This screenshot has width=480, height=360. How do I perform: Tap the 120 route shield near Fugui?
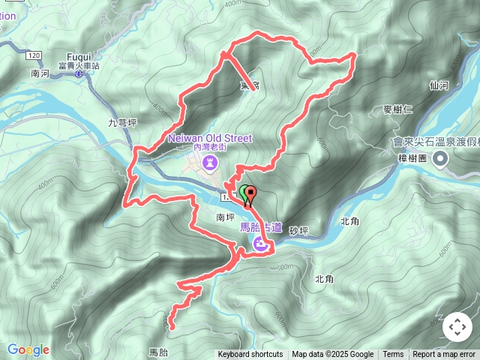[32, 56]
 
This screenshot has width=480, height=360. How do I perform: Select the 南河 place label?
[40, 74]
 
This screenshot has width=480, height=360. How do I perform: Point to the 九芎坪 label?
[121, 123]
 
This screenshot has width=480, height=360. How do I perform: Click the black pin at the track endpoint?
[250, 194]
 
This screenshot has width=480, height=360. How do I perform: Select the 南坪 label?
[225, 217]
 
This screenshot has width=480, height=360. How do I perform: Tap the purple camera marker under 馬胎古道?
[260, 244]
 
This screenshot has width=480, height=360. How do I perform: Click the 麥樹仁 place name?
[397, 109]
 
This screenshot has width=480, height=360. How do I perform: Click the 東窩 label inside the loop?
[250, 86]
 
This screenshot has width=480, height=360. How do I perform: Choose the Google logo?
[28, 349]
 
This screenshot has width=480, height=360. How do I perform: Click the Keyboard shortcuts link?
[250, 355]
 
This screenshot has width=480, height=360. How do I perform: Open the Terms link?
[393, 355]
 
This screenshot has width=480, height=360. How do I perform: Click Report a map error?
[445, 355]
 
